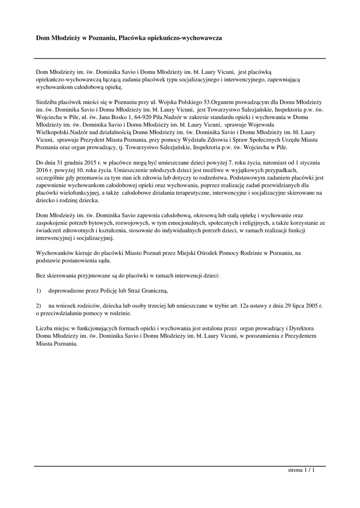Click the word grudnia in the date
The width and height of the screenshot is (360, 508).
tap(84, 162)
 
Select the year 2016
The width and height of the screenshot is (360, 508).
tap(43, 170)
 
